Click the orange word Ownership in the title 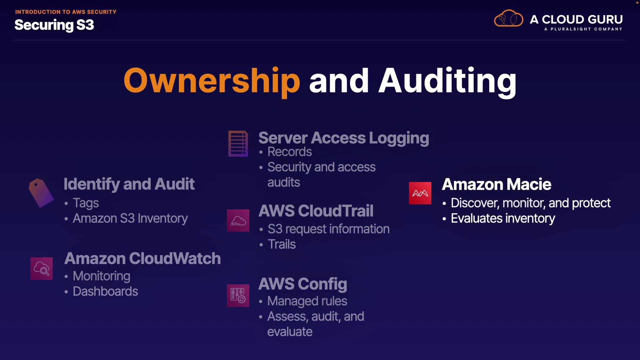[x=212, y=81]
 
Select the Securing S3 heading [x=54, y=25]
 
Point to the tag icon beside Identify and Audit [x=41, y=193]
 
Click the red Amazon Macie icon [x=420, y=193]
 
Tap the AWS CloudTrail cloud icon [x=238, y=220]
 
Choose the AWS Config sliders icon [x=238, y=295]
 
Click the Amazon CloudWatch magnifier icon [x=41, y=268]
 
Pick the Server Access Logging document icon [x=238, y=143]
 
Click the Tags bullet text [x=86, y=203]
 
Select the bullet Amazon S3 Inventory [x=130, y=218]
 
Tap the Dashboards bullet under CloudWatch [x=105, y=291]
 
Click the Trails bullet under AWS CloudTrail [x=282, y=244]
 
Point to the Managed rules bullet [x=307, y=301]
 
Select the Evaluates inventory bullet [x=503, y=218]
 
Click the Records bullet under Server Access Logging [x=290, y=152]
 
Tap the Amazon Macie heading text [x=496, y=184]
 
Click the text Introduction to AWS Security [x=66, y=12]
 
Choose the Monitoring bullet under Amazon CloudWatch [x=101, y=276]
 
